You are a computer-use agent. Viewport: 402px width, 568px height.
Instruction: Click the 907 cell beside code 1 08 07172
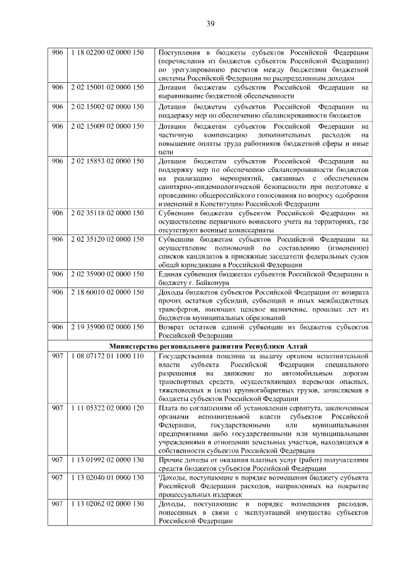(58, 356)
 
